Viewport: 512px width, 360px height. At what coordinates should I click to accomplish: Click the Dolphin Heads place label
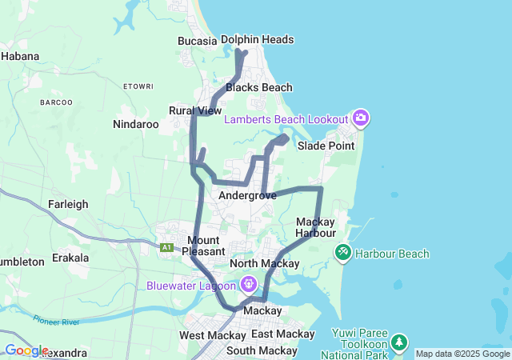point(257,39)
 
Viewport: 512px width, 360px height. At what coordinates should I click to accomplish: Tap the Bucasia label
point(198,41)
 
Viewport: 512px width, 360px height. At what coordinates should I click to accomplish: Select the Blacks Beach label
point(259,87)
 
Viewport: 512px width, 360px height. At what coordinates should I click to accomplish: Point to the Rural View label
point(195,110)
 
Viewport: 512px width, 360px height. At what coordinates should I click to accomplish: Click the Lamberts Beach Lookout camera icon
point(361,118)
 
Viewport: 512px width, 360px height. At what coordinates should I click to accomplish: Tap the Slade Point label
point(326,146)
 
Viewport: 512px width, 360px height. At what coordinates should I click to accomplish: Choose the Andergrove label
point(247,195)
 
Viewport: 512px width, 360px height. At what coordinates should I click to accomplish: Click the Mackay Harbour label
point(315,227)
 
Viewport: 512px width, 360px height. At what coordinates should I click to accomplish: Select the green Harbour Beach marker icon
point(342,253)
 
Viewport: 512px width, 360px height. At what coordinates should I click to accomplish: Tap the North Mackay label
point(264,263)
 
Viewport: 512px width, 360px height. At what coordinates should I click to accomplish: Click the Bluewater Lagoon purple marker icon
point(249,284)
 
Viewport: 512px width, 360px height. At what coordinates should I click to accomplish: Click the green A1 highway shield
point(166,248)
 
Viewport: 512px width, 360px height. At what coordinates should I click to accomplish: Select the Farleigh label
point(68,204)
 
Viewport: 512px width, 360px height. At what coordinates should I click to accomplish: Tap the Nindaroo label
point(135,124)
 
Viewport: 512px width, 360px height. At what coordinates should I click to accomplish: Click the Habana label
point(20,56)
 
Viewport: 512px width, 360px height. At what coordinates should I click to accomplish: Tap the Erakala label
point(70,259)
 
